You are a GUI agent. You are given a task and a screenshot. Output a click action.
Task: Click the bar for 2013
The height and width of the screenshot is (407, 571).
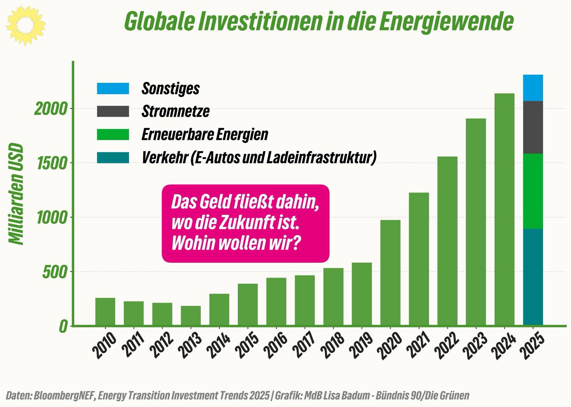191,316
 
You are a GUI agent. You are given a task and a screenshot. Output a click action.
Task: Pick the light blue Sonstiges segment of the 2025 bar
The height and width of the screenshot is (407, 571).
533,88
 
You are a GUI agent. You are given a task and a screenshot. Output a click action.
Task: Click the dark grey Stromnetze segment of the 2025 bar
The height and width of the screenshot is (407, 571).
533,127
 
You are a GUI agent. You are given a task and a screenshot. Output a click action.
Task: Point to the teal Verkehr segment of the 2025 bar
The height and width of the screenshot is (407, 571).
533,277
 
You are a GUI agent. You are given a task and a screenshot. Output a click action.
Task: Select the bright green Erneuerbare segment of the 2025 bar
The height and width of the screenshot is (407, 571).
533,191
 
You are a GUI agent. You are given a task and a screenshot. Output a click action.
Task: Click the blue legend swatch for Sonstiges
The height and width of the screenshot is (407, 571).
113,88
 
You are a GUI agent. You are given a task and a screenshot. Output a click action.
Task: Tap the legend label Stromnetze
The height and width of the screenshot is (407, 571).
175,111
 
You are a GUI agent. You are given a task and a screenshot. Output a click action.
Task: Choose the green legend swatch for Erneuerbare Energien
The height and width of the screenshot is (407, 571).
113,134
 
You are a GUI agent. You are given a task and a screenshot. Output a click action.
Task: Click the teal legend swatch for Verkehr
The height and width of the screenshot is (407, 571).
113,157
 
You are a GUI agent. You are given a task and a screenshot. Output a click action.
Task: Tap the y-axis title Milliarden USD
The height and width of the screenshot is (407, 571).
16,194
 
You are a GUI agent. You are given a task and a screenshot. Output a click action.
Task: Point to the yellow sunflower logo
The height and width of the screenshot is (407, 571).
26,25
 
